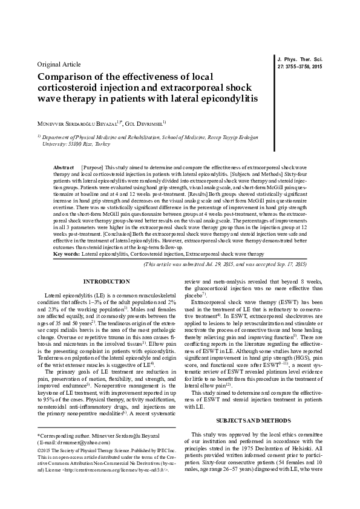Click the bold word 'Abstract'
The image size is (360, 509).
point(64,166)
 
